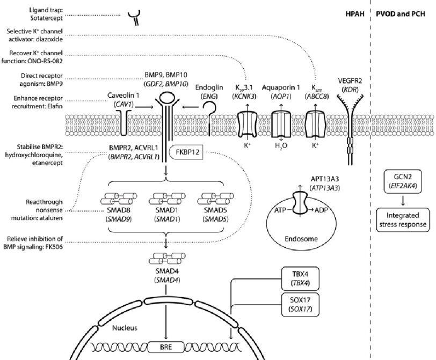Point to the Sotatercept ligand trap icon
[x=131, y=18]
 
